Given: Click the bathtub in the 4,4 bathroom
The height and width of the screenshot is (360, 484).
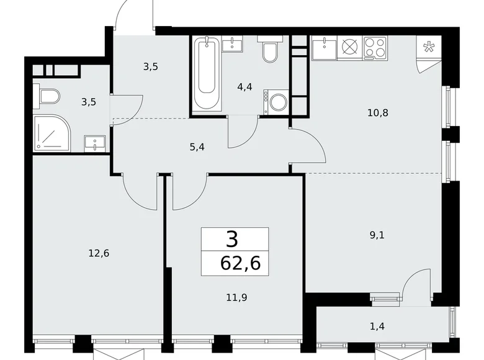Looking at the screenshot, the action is click(207, 74).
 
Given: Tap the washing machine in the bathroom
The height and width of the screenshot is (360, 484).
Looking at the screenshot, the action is click(276, 102).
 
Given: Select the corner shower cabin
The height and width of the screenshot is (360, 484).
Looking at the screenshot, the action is click(52, 133).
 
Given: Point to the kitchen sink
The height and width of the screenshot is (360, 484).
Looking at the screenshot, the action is click(325, 48).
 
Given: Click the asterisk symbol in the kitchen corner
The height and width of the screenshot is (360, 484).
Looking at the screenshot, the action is click(428, 47).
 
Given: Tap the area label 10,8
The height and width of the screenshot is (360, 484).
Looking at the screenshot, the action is click(378, 113).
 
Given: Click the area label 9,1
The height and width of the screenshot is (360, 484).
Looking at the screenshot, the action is click(377, 235).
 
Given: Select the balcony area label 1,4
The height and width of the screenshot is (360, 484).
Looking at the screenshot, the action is click(377, 326).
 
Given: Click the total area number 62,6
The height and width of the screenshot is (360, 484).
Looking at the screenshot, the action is click(241, 263).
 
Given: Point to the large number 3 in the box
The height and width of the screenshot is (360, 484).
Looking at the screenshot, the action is click(232, 240).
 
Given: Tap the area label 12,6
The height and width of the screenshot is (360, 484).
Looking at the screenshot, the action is click(99, 253).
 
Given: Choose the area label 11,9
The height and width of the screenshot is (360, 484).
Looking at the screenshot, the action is click(236, 298).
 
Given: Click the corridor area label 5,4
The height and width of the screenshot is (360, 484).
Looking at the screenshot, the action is click(197, 147).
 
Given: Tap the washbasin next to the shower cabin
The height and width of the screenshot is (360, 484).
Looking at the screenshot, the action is click(95, 143).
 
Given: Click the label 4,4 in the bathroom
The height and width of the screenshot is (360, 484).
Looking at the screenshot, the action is click(244, 87).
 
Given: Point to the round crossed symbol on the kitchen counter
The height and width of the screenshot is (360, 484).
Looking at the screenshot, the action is click(351, 48).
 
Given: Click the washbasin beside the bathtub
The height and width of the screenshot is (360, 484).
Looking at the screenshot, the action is click(232, 43).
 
